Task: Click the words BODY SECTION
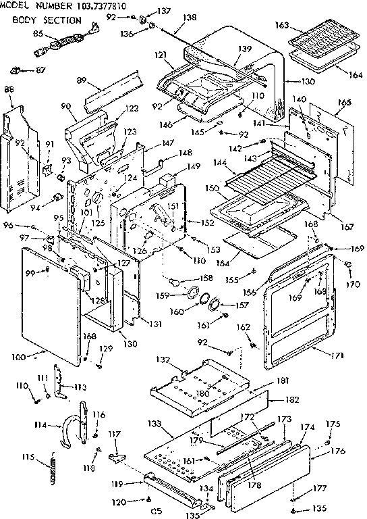point(45,20)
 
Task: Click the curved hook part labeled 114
point(69,432)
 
